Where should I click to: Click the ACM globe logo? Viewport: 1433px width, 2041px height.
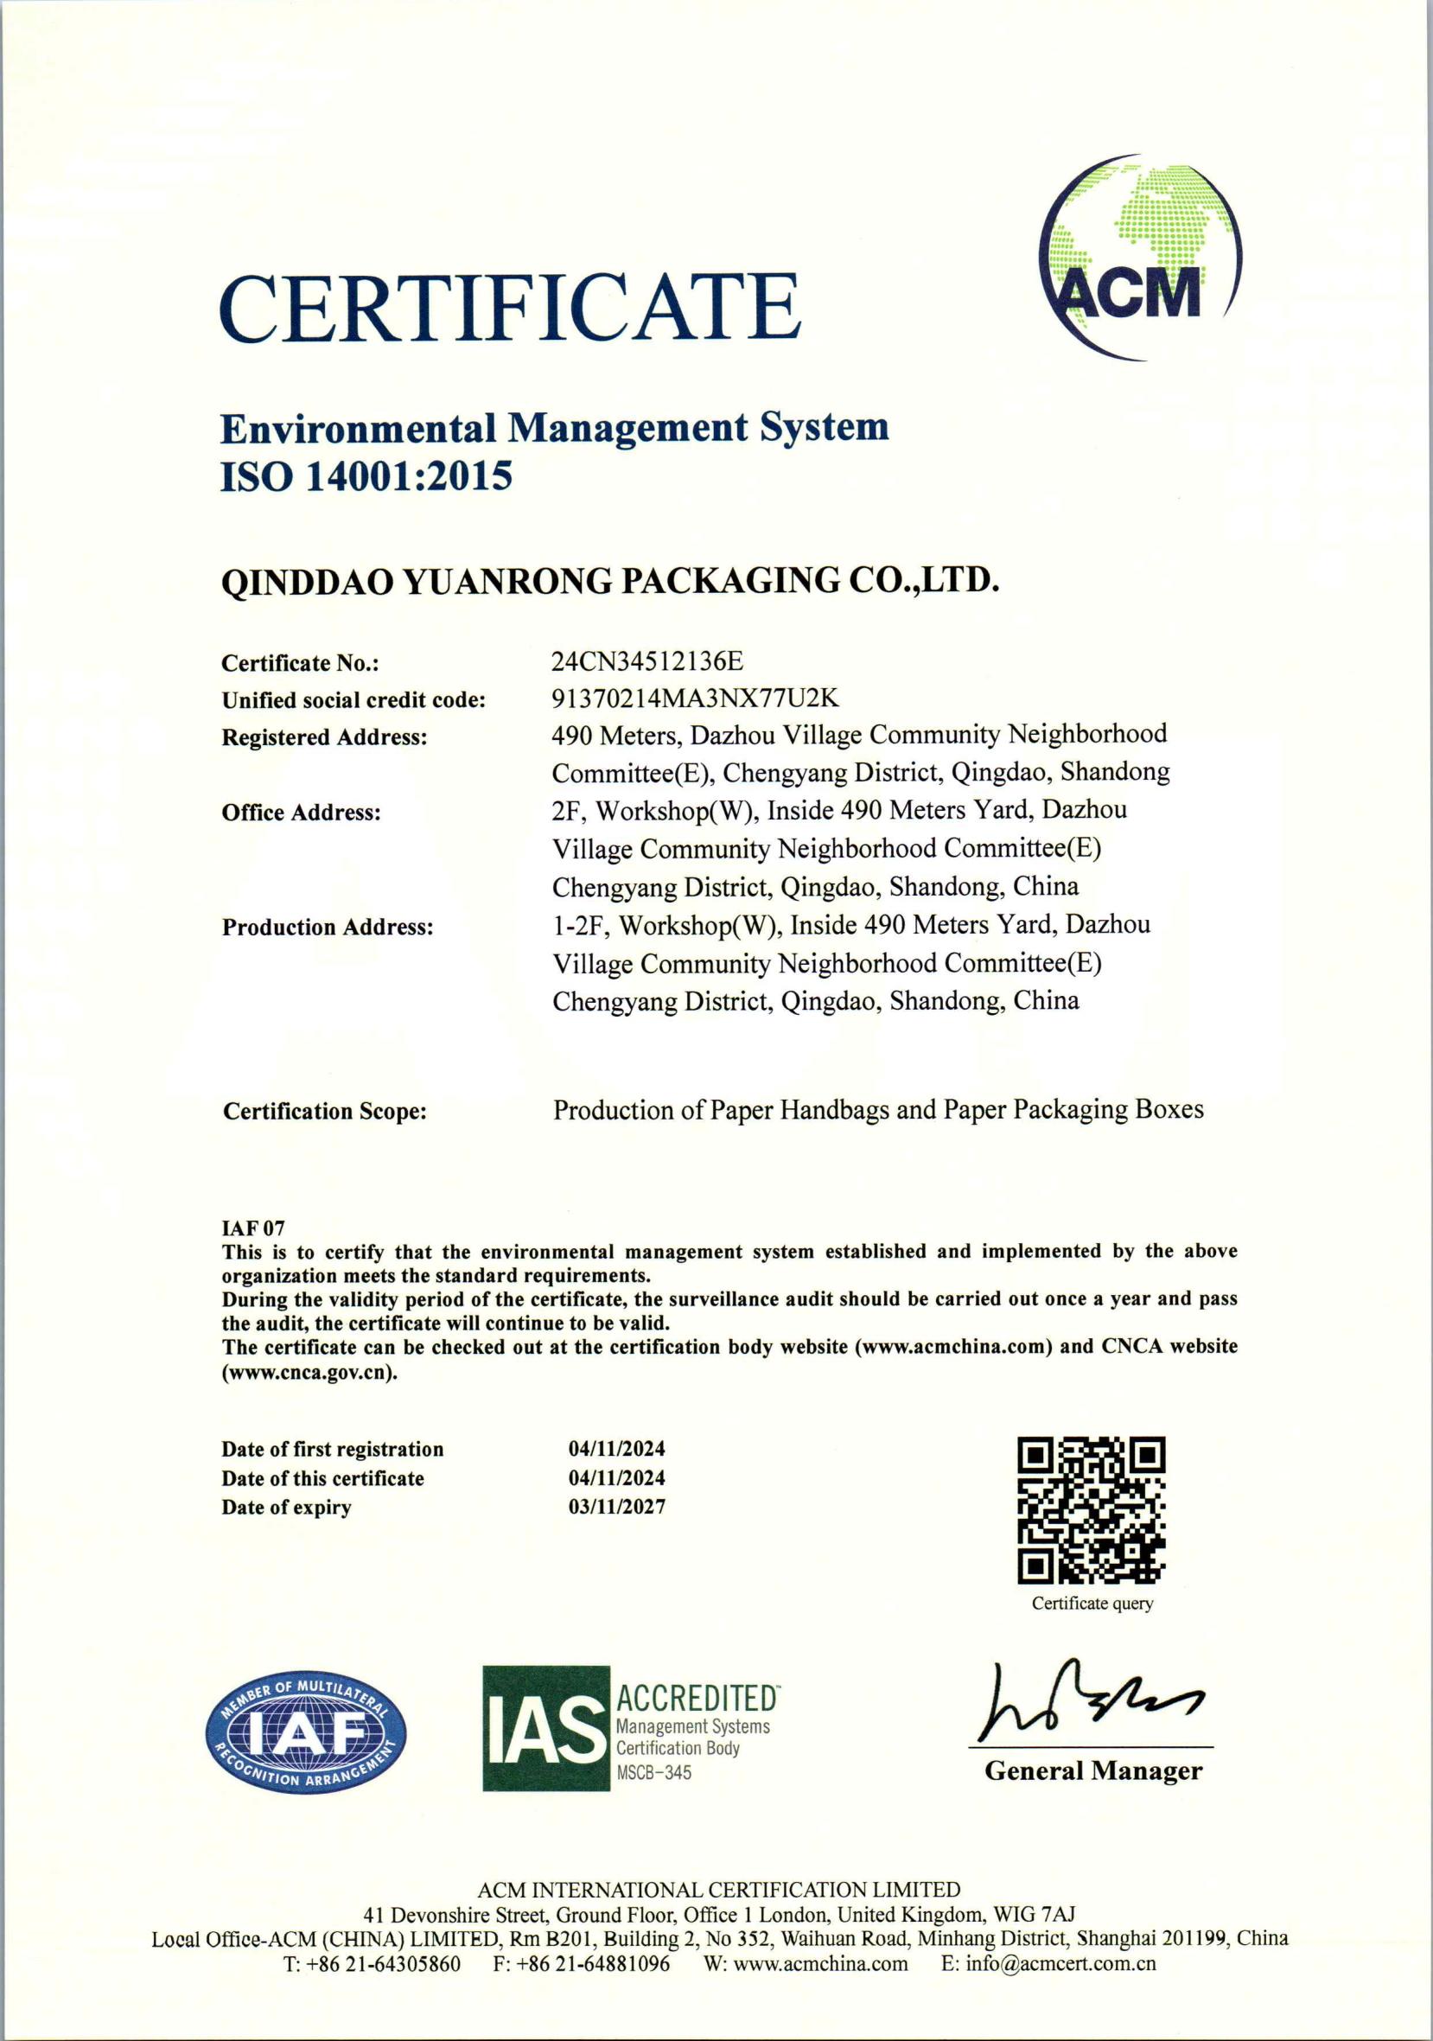(1140, 258)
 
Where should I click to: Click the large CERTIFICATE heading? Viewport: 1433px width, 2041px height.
(509, 308)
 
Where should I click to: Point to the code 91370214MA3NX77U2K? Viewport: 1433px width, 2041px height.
(695, 698)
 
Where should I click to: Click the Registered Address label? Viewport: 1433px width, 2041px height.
(324, 737)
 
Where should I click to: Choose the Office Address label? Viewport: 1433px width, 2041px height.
(302, 813)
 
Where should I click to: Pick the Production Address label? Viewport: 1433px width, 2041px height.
(328, 928)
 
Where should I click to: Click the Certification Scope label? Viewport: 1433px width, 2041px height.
(324, 1111)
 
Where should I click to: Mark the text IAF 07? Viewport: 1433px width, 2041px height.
(252, 1228)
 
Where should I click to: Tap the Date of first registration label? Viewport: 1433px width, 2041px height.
(333, 1449)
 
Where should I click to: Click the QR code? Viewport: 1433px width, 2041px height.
(1091, 1510)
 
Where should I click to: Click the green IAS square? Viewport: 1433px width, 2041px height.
(546, 1729)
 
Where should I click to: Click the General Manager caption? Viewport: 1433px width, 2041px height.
(1092, 1771)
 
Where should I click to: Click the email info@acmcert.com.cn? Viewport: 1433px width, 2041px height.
(1048, 1964)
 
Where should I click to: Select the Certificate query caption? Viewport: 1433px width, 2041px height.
(1092, 1604)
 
